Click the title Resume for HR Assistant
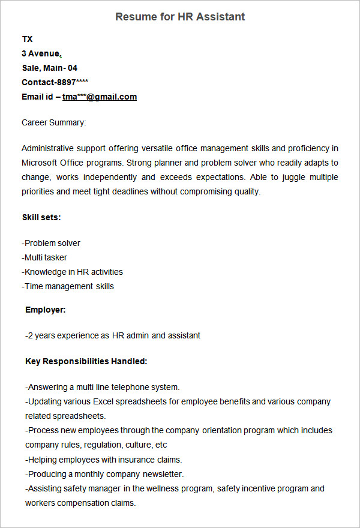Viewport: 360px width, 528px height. (180, 17)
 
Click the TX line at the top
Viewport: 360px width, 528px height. (27, 39)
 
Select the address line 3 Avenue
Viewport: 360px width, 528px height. (41, 53)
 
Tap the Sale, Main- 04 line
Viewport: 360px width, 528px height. (49, 68)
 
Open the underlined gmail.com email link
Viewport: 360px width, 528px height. (100, 97)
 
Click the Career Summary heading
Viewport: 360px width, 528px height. (54, 122)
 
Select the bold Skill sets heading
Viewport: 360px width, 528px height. (41, 217)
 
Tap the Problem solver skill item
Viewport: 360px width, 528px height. (51, 243)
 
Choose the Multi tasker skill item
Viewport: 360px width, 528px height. (44, 257)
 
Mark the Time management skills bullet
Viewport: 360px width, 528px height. (68, 286)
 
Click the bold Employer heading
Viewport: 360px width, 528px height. (46, 310)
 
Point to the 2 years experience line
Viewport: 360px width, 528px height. (113, 335)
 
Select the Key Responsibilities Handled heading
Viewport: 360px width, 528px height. (86, 361)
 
